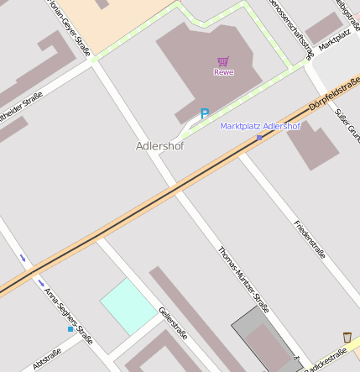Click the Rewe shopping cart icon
(223, 61)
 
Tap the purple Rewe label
(224, 72)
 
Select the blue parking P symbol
(204, 113)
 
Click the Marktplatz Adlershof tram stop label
(260, 126)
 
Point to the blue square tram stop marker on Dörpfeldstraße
(259, 137)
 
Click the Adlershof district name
(159, 145)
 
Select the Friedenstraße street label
(309, 238)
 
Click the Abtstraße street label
(46, 359)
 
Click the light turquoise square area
(128, 306)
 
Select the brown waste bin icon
(347, 337)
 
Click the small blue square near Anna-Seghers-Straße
(70, 329)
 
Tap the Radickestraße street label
(326, 361)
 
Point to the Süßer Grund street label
(347, 121)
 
